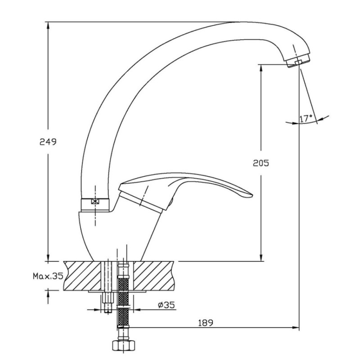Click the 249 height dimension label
coord(48,142)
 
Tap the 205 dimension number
coord(261,163)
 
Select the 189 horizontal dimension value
coord(206,323)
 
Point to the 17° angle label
coord(306,118)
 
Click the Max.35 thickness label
coord(48,276)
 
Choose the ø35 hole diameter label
coord(166,305)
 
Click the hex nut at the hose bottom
coord(124,345)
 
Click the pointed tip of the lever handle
coord(252,196)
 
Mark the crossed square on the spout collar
coord(95,201)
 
